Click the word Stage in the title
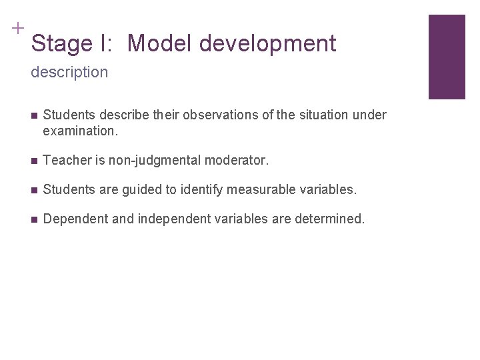click(60, 44)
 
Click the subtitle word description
click(69, 72)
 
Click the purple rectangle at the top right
click(446, 57)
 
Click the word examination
click(79, 131)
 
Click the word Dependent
click(71, 219)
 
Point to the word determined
click(330, 219)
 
